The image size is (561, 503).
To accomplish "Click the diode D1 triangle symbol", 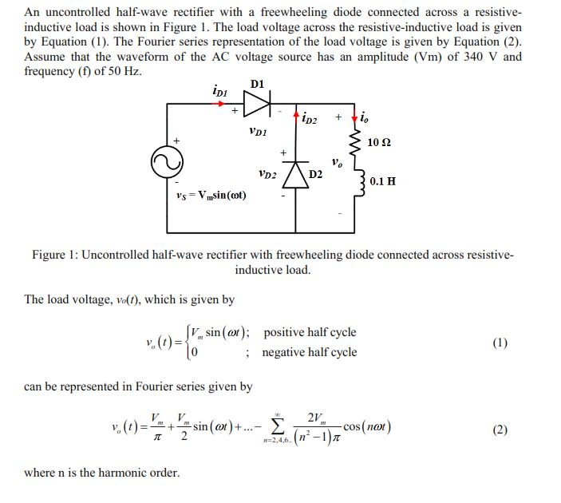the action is [x=257, y=103].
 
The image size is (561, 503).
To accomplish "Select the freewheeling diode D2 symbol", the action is [x=297, y=172].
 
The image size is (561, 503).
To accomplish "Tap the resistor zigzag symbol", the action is [x=359, y=142].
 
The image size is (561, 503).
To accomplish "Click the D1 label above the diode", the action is [x=257, y=84].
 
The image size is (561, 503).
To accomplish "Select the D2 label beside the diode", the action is [x=317, y=175].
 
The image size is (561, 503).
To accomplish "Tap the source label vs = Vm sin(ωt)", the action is [x=211, y=196].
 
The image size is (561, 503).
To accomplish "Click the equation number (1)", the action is [x=500, y=343].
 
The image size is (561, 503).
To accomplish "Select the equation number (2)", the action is [x=500, y=430].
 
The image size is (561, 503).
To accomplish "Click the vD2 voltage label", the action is [x=268, y=172].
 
